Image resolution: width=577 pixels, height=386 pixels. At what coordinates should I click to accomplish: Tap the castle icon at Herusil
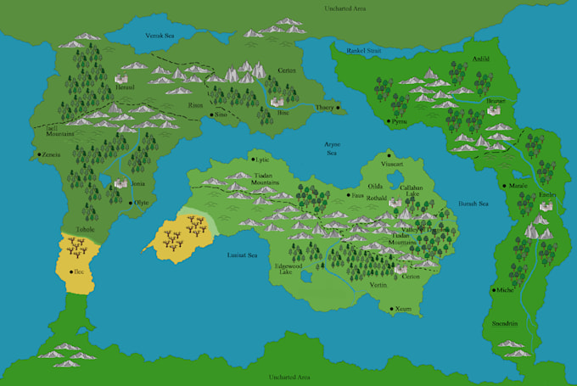click(x=122, y=79)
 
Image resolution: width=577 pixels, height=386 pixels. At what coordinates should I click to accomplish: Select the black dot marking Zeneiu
click(x=39, y=155)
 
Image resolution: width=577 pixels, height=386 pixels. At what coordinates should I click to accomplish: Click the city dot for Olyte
click(x=130, y=203)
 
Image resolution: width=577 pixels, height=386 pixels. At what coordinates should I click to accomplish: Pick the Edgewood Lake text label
click(x=287, y=268)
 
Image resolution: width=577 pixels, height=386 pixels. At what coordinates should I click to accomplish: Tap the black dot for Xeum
click(x=392, y=309)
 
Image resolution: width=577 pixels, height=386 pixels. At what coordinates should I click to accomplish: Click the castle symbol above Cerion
click(x=400, y=268)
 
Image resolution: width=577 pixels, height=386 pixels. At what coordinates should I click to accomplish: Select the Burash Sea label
click(x=473, y=204)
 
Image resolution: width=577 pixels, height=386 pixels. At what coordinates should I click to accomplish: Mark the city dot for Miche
click(x=493, y=290)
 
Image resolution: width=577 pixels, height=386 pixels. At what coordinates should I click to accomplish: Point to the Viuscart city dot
click(x=389, y=156)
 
